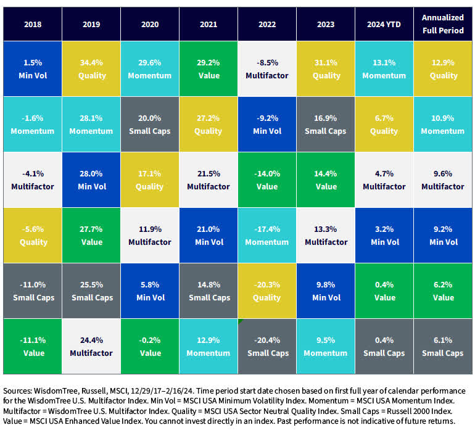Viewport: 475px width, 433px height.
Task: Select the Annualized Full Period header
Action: pyautogui.click(x=443, y=25)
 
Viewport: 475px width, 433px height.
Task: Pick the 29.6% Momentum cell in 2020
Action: pyautogui.click(x=150, y=69)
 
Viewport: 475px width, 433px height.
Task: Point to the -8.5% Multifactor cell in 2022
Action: pyautogui.click(x=268, y=69)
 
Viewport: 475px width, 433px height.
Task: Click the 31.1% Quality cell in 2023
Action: pyautogui.click(x=326, y=69)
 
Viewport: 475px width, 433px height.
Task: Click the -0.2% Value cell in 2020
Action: pyautogui.click(x=150, y=347)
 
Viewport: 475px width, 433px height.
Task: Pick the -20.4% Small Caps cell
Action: pyautogui.click(x=268, y=347)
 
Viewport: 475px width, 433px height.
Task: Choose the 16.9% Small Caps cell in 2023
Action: pyautogui.click(x=326, y=125)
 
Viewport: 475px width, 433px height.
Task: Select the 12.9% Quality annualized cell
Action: pyautogui.click(x=443, y=69)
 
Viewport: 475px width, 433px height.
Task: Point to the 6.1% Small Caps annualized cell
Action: pyautogui.click(x=443, y=347)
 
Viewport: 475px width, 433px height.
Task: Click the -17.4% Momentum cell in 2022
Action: pyautogui.click(x=268, y=236)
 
